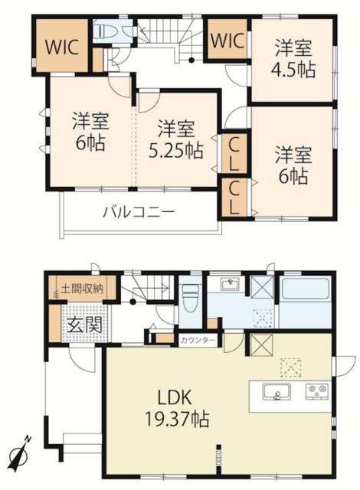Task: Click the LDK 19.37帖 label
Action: click(x=177, y=409)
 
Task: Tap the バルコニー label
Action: click(x=139, y=213)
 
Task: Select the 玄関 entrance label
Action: click(x=85, y=325)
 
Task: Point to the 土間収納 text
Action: click(x=82, y=289)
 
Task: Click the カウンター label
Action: click(x=198, y=340)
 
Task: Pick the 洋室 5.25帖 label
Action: click(x=176, y=139)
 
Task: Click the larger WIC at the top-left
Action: click(x=62, y=47)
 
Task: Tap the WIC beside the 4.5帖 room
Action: click(x=227, y=41)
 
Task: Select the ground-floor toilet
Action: click(x=191, y=298)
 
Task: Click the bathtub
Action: click(x=305, y=288)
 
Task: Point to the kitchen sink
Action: click(x=277, y=391)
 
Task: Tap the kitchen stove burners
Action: click(x=317, y=391)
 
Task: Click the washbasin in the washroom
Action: click(x=231, y=284)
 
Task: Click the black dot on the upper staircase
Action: click(x=191, y=60)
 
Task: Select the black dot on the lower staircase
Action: click(x=133, y=302)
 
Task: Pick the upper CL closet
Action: click(x=234, y=154)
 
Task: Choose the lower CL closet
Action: click(x=234, y=198)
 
